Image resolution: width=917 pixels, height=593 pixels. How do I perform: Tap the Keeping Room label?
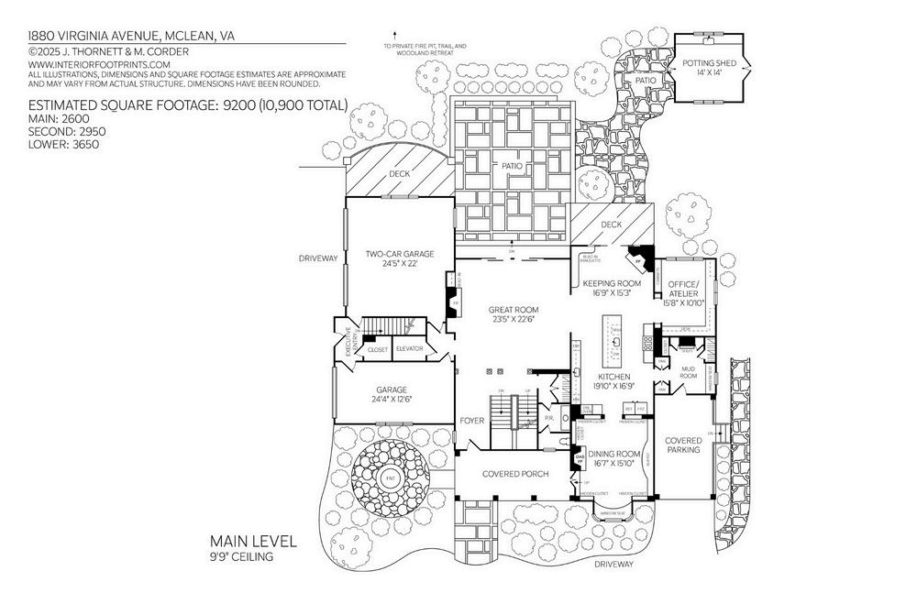[611, 284]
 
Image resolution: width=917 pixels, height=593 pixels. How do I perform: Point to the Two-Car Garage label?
[399, 254]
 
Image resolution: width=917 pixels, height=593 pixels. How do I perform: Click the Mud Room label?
[688, 372]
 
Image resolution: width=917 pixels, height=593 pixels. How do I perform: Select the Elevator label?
[409, 349]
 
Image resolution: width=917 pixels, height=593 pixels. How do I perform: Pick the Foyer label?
[471, 421]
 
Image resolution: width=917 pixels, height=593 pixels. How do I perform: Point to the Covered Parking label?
[683, 445]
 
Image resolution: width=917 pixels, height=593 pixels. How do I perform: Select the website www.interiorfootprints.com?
[100, 65]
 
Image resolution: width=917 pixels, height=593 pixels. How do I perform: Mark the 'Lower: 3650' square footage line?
[63, 144]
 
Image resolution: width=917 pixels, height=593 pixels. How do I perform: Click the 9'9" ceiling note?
[241, 555]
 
